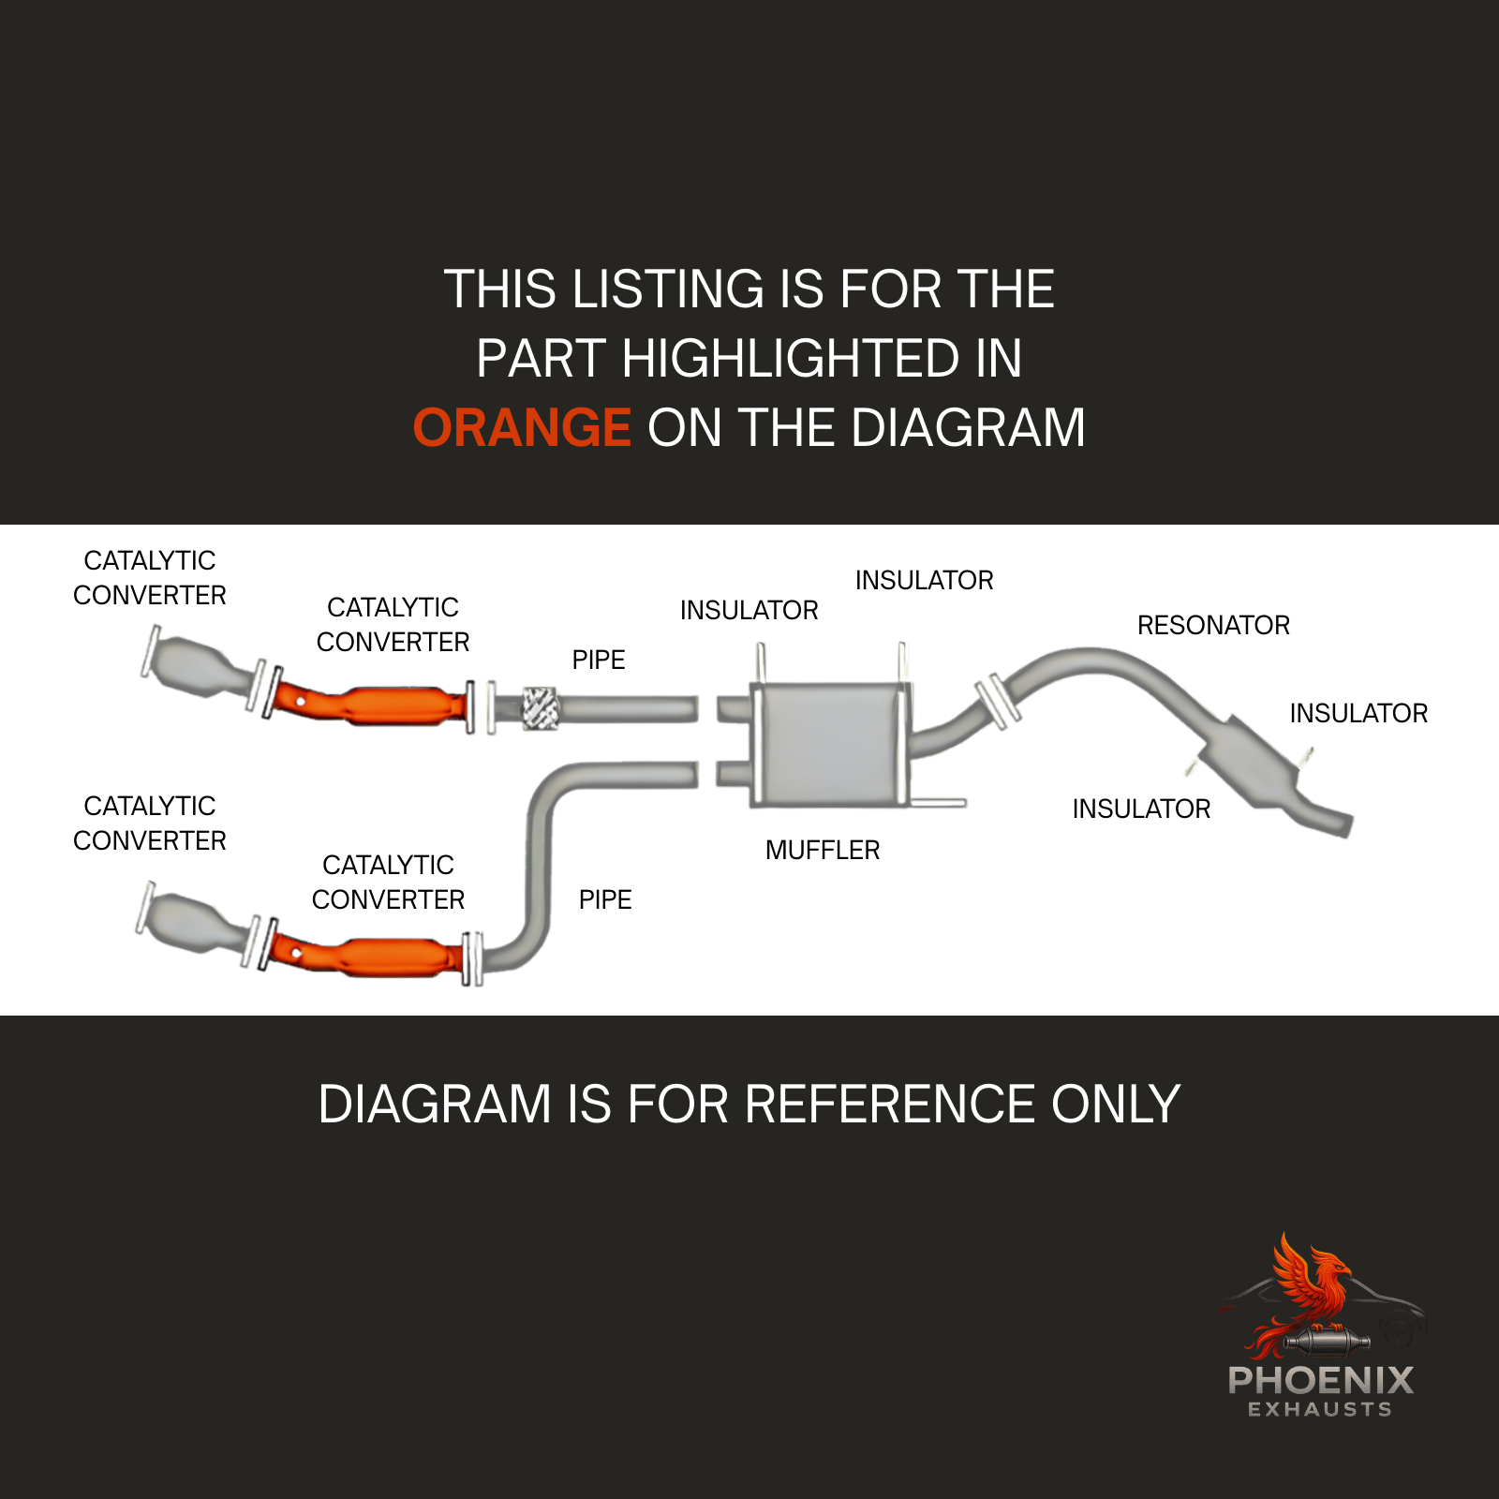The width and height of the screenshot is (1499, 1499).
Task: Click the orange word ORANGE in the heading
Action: (x=522, y=428)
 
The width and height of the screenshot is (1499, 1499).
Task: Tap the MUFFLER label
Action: (x=823, y=850)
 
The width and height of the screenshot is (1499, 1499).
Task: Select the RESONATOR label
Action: (x=1213, y=625)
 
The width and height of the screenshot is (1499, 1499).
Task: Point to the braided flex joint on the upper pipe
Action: (x=539, y=708)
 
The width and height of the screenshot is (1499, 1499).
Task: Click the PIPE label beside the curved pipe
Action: (x=605, y=899)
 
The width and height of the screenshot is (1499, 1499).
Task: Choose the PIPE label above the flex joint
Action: (x=599, y=660)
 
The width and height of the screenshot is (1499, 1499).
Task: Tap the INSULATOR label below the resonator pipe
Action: (x=1141, y=809)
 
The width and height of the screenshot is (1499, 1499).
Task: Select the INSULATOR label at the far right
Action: (x=1358, y=713)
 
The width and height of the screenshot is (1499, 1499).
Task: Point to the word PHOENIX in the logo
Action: (x=1320, y=1380)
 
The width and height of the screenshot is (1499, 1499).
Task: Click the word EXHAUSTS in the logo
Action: (x=1320, y=1409)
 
